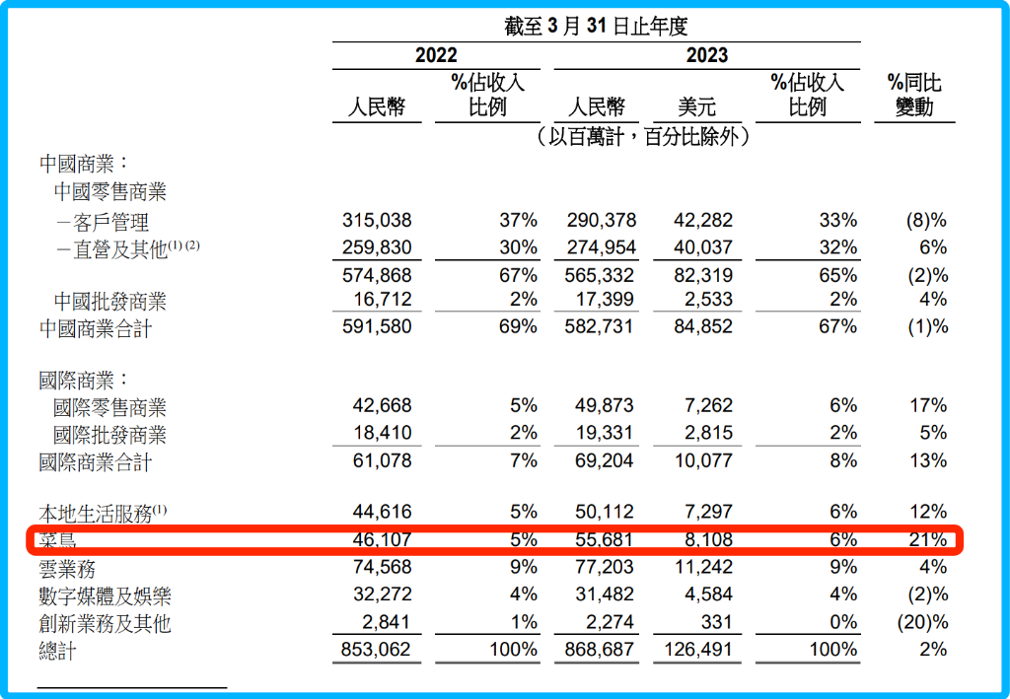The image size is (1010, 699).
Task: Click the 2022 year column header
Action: (x=435, y=55)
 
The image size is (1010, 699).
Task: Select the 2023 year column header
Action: (x=706, y=55)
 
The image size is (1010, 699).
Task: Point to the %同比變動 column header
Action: (x=914, y=95)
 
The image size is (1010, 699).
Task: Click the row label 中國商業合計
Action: (x=96, y=328)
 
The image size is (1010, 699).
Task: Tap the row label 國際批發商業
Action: (x=109, y=435)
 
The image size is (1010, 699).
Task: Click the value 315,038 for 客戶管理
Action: (x=377, y=221)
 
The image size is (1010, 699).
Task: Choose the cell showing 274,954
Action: (x=602, y=247)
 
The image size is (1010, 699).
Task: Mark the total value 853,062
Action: (x=377, y=650)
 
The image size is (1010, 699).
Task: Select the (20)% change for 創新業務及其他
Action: (x=921, y=622)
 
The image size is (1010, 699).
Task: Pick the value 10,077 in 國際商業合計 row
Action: (x=703, y=460)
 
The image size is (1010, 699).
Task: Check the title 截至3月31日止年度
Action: (x=596, y=28)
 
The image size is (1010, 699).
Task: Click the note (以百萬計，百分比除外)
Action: (x=643, y=137)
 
